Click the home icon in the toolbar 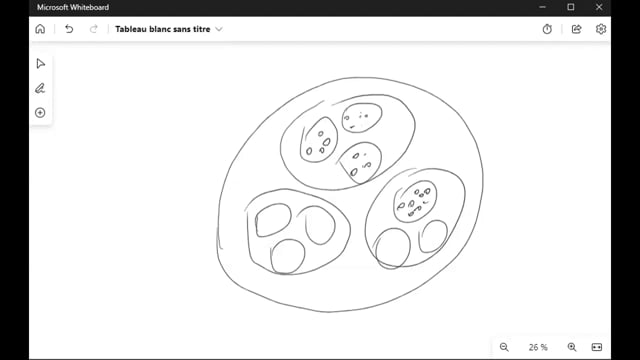coord(40,29)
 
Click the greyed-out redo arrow coord(93,29)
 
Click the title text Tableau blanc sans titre coord(162,29)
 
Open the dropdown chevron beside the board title coord(219,29)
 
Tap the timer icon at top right coord(547,29)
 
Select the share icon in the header coord(576,29)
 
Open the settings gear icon coord(600,29)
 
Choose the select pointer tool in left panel coord(40,64)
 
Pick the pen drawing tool coord(40,88)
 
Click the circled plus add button coord(40,113)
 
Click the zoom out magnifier coord(504,347)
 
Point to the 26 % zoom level coord(538,347)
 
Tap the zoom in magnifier coord(572,347)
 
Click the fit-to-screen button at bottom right coord(597,347)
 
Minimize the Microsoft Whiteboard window coord(542,7)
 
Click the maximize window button coord(571,7)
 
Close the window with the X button coord(599,7)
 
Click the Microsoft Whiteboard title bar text coord(73,7)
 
